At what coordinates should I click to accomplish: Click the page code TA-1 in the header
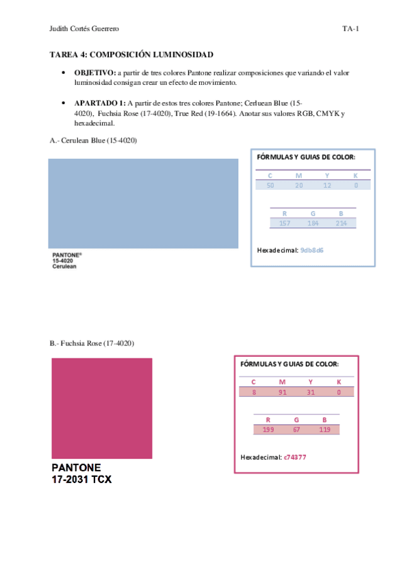(351, 29)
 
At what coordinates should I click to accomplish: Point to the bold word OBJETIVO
(94, 73)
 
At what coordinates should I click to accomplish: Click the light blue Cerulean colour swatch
(143, 203)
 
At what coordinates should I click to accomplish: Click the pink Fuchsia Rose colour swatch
(102, 408)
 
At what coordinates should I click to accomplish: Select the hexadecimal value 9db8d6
(312, 250)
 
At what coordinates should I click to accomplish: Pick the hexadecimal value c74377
(295, 456)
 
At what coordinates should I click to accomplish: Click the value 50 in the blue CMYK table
(270, 185)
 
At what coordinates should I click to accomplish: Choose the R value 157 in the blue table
(285, 223)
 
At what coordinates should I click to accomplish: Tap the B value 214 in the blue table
(341, 223)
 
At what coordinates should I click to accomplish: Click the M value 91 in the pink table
(282, 392)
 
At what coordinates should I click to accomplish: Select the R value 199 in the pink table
(268, 430)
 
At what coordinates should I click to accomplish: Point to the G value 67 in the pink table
(297, 430)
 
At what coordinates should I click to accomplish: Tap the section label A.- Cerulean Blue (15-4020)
(94, 140)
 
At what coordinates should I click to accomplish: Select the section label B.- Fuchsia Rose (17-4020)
(92, 343)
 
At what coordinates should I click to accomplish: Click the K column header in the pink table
(338, 382)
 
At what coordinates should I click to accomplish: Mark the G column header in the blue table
(313, 213)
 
